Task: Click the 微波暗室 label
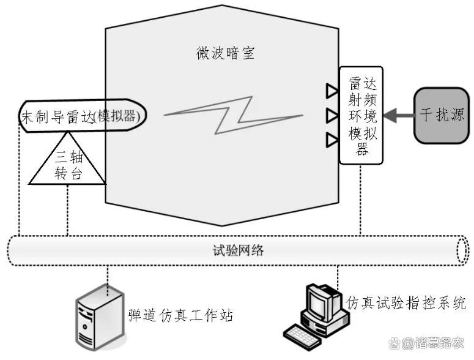point(221,54)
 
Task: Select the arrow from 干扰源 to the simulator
point(398,114)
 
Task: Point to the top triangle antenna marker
point(331,91)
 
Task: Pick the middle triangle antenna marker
point(331,115)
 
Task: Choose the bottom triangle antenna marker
point(331,140)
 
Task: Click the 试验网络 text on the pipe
point(234,250)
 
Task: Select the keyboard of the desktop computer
point(304,334)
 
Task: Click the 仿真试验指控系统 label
point(406,302)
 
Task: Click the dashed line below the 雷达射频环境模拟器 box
point(361,199)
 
